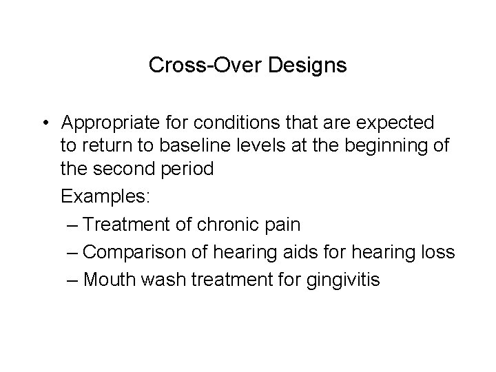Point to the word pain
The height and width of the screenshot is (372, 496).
tap(284, 225)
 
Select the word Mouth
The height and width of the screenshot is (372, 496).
tap(110, 281)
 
